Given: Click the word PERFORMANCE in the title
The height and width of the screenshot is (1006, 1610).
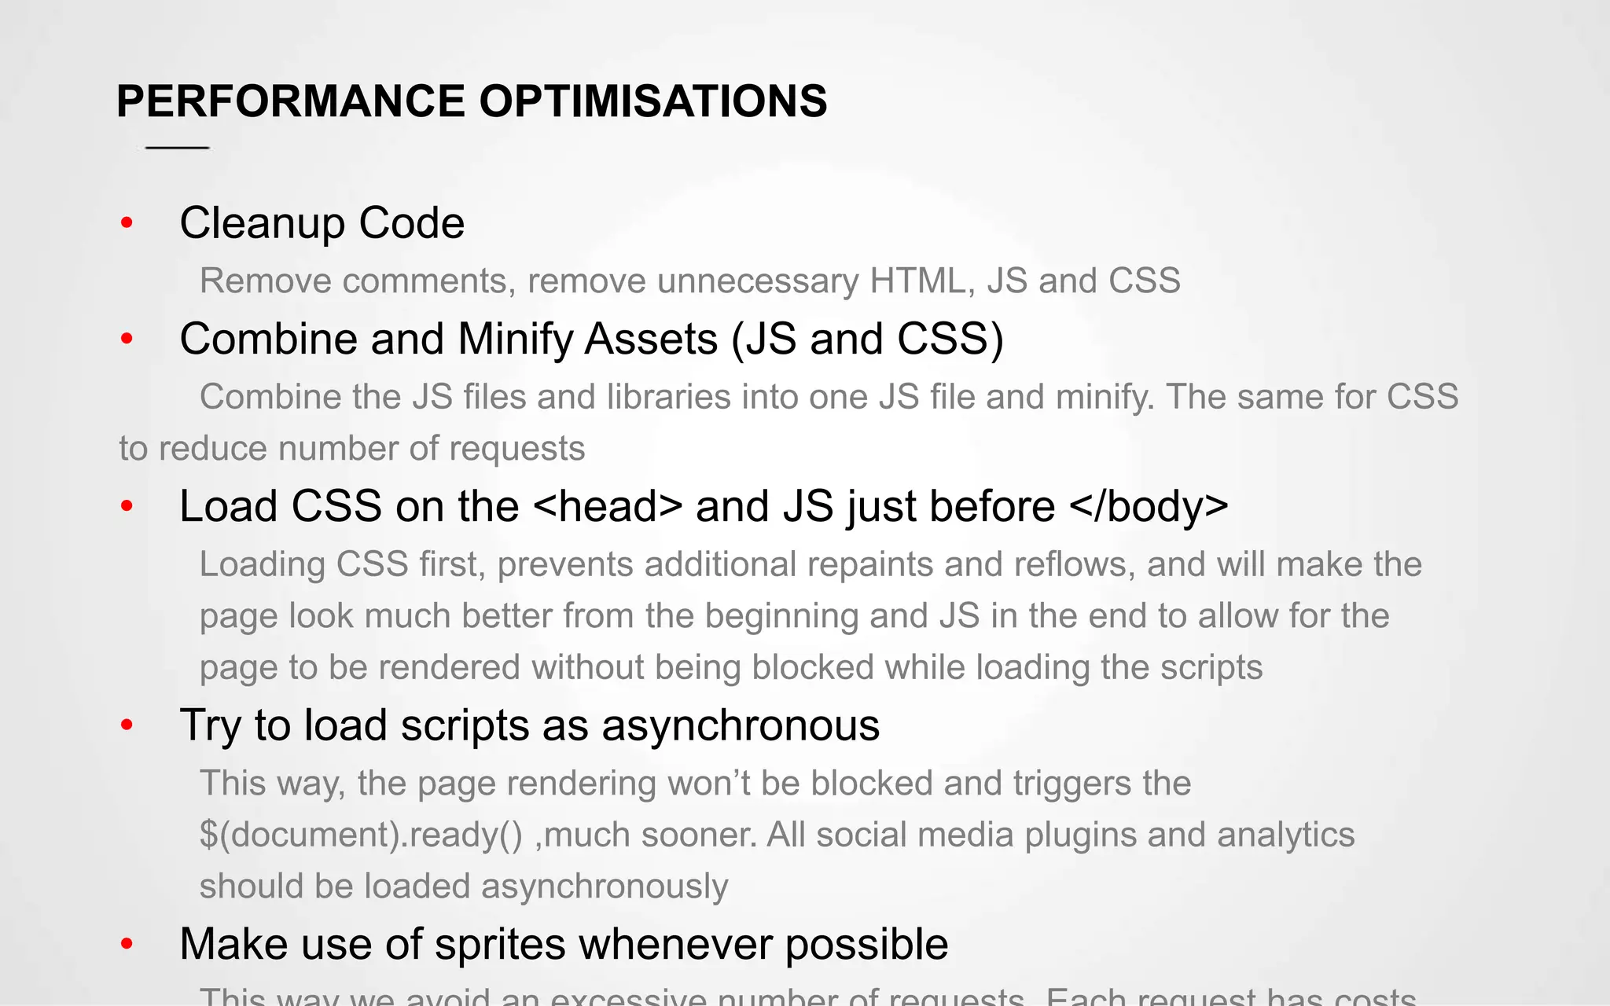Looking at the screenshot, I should [x=291, y=101].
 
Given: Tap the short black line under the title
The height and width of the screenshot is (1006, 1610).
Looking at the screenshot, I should [x=178, y=148].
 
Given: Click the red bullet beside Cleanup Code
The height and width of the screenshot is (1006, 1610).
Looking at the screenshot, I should [x=127, y=224].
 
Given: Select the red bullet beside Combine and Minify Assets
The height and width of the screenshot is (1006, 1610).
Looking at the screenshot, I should [x=127, y=340].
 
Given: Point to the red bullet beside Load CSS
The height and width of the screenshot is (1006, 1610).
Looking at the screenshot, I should [x=127, y=507].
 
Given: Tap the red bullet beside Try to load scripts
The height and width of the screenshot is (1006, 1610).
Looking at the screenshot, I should [x=127, y=725].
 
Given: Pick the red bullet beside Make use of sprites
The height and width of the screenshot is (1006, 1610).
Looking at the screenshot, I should [x=127, y=945].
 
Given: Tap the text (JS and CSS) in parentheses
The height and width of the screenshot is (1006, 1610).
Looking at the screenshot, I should [x=867, y=340].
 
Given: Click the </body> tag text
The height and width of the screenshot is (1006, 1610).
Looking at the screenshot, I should [x=1149, y=507].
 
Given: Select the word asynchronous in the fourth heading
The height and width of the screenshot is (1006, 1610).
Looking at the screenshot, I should [x=741, y=725].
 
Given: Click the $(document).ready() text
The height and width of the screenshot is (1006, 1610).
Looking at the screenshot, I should [x=361, y=835].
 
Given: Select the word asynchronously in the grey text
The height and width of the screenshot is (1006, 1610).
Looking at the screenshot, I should [x=605, y=887].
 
